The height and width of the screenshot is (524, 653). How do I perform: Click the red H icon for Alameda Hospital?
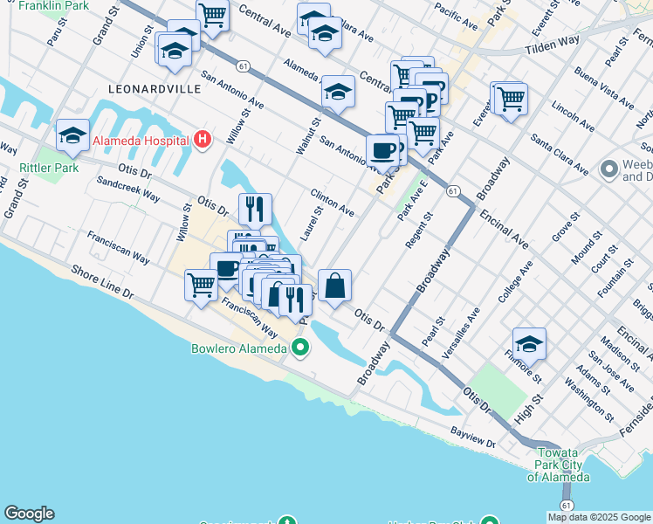tap(203, 140)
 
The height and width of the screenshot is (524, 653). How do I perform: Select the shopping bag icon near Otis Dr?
tap(334, 285)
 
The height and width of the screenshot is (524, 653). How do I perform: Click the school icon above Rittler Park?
tap(72, 134)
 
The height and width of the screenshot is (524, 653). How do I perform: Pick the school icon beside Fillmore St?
tap(529, 343)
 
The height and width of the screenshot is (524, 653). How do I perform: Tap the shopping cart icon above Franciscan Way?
tap(202, 285)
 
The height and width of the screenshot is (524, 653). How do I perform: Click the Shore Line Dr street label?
tap(104, 283)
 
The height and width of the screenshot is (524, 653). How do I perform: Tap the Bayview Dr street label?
tap(473, 445)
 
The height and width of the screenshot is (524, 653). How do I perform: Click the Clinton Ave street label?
tap(333, 202)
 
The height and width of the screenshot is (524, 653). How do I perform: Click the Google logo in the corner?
tap(29, 514)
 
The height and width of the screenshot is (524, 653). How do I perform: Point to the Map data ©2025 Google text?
tap(598, 517)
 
